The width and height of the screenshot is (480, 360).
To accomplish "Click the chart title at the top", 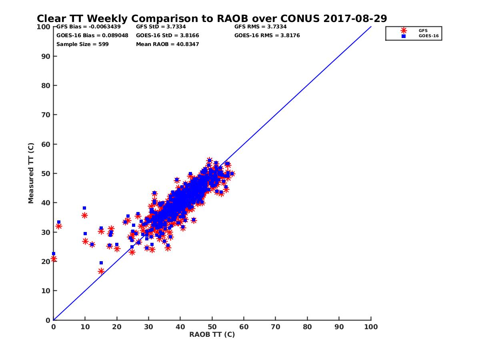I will (x=212, y=18).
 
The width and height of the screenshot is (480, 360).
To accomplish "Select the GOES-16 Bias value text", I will (x=92, y=36).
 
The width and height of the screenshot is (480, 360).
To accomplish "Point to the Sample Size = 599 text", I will (x=82, y=44).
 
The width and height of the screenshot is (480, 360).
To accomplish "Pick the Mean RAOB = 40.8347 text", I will (x=168, y=44).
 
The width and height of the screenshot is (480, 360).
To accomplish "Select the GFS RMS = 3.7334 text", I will (x=260, y=27).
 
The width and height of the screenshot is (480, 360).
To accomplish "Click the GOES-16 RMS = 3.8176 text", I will (x=267, y=36).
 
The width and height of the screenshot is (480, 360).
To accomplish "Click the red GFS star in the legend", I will (x=404, y=30).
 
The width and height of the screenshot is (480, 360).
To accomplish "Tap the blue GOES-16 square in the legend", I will (x=404, y=36).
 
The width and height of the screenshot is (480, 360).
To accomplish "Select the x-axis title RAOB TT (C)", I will (x=212, y=334).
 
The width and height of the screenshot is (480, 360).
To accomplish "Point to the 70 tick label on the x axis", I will (x=276, y=326).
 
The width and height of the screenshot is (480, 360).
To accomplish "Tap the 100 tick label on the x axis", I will (x=371, y=326).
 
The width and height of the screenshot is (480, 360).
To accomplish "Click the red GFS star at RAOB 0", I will (x=54, y=259).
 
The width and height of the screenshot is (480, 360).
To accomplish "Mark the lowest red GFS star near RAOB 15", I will (x=101, y=271).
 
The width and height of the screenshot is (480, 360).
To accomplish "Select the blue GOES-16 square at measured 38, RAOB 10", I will (x=84, y=208).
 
